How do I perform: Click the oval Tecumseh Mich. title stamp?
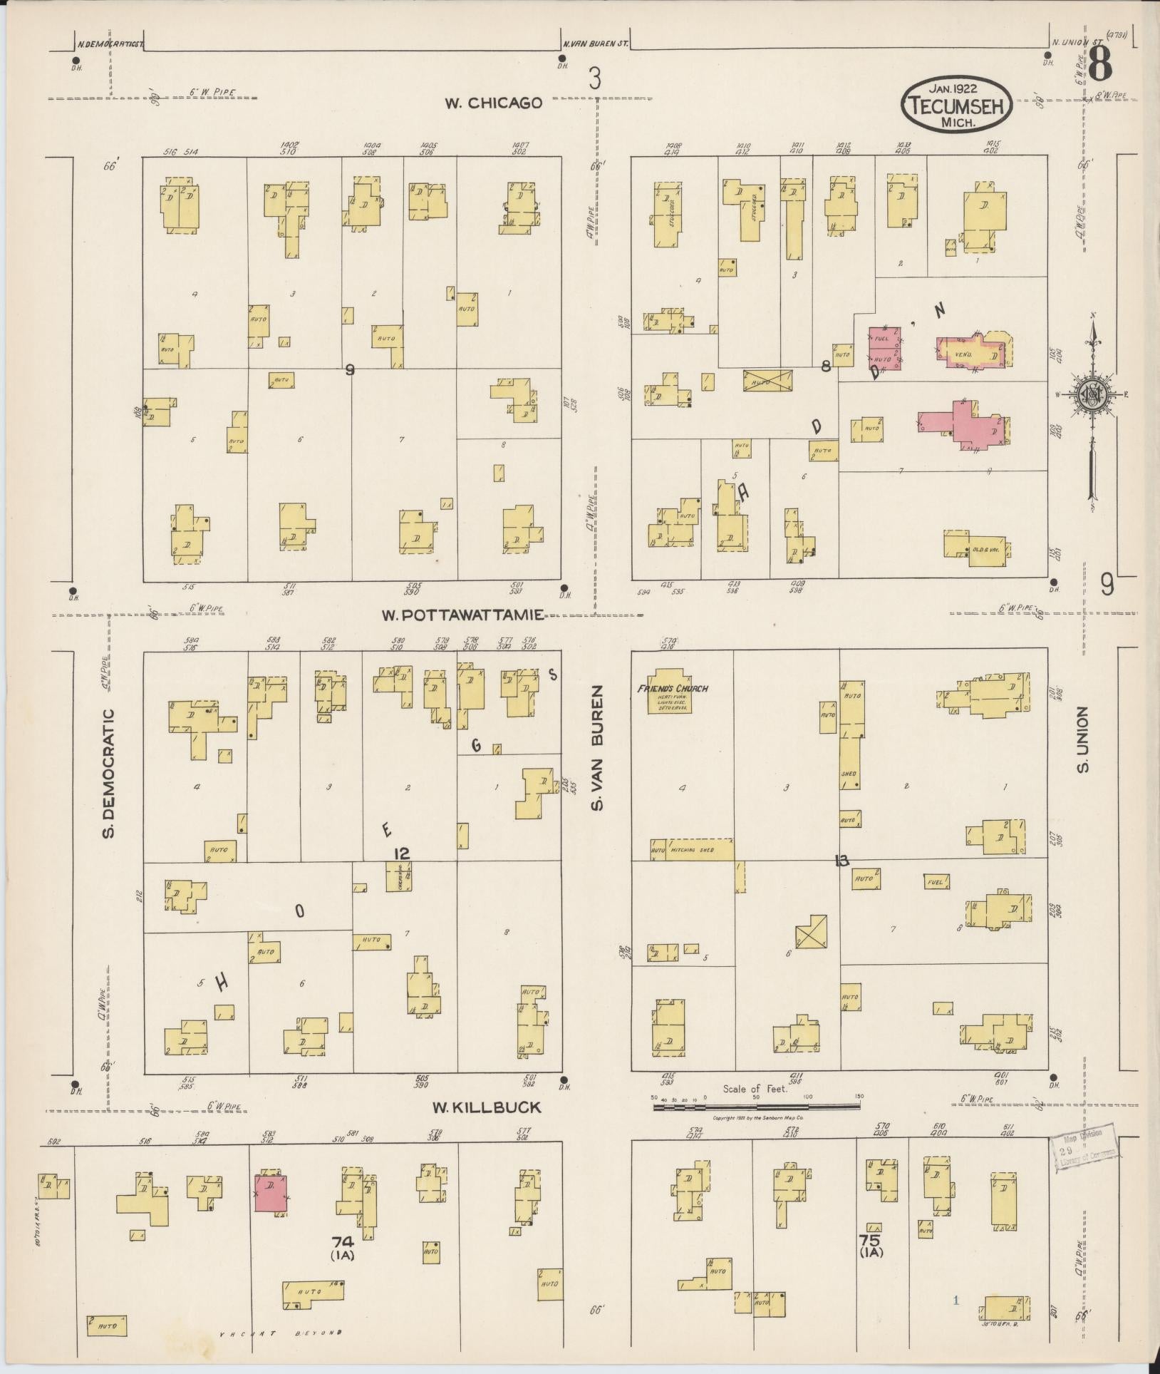[957, 104]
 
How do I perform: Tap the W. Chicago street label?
[494, 103]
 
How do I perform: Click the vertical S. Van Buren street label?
[597, 748]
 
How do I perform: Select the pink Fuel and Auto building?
[884, 348]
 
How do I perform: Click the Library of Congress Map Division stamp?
[1084, 1155]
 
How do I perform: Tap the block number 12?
[402, 853]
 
